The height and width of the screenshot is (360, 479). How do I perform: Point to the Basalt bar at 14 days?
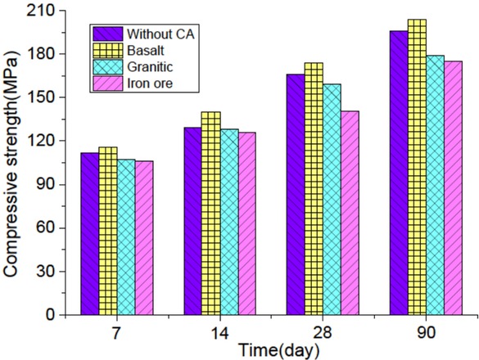[210, 214]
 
